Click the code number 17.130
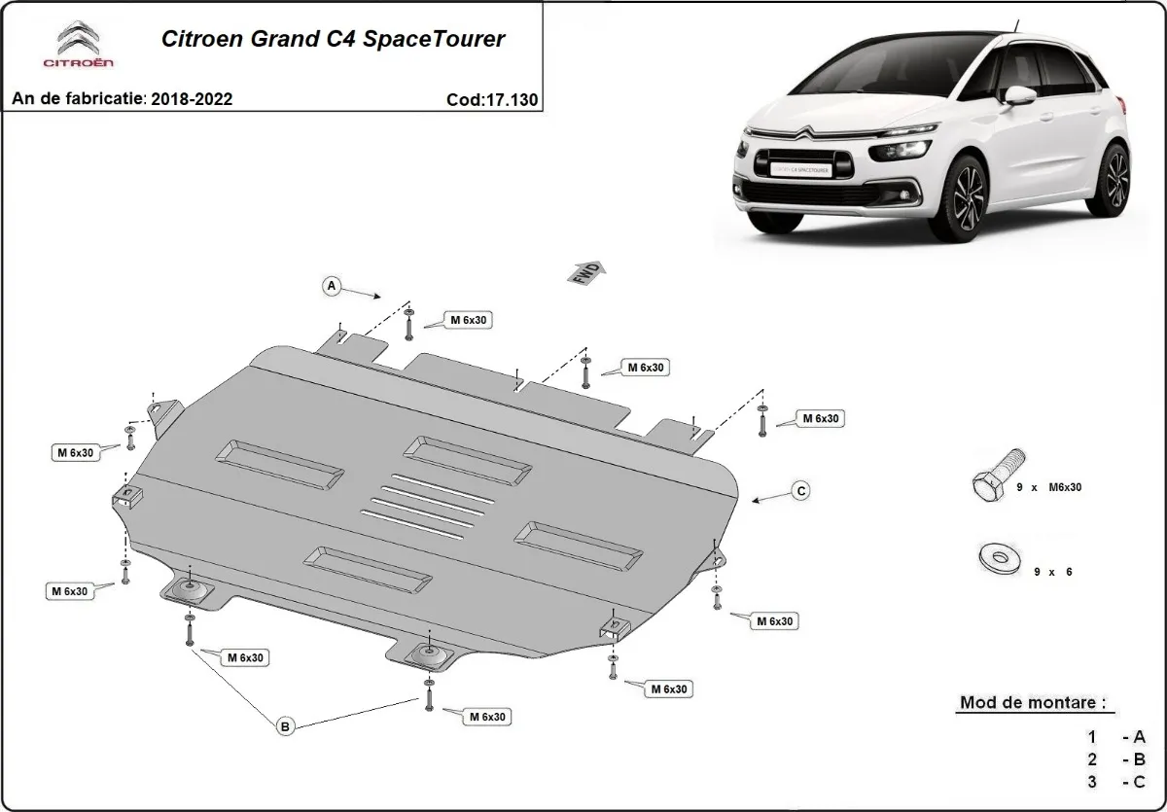tap(493, 99)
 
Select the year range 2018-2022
tap(193, 99)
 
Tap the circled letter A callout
tap(332, 286)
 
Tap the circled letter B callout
tap(285, 725)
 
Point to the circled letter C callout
tap(799, 491)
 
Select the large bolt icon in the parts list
tap(997, 476)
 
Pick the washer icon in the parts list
tap(998, 558)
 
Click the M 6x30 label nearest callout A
tap(467, 319)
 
